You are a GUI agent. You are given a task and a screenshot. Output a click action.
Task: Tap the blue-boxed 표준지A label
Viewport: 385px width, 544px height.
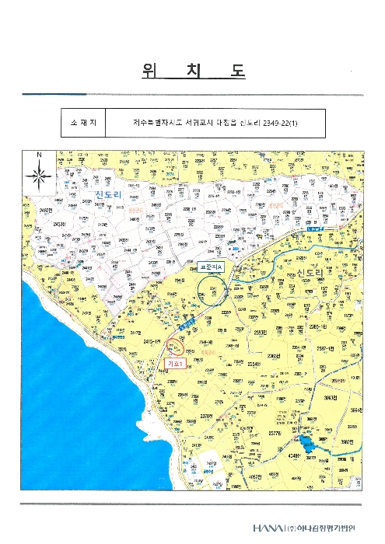point(210,267)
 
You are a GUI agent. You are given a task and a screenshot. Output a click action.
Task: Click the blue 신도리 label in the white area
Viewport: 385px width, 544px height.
point(106,192)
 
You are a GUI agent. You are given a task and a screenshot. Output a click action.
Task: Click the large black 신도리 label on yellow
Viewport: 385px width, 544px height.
point(290,272)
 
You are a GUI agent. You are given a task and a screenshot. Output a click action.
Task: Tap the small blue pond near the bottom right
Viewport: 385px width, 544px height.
point(306,442)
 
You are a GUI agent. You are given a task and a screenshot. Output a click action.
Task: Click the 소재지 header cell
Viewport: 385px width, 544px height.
point(83,123)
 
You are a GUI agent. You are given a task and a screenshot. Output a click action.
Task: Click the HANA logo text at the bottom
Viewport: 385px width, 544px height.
point(268,528)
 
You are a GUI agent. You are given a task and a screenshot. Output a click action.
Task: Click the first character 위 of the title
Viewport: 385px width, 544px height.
point(149,71)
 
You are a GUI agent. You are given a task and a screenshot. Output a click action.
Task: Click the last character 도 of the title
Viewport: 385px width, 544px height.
point(237,71)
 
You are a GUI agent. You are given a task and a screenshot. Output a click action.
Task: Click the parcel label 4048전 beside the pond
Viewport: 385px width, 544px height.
point(296,457)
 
